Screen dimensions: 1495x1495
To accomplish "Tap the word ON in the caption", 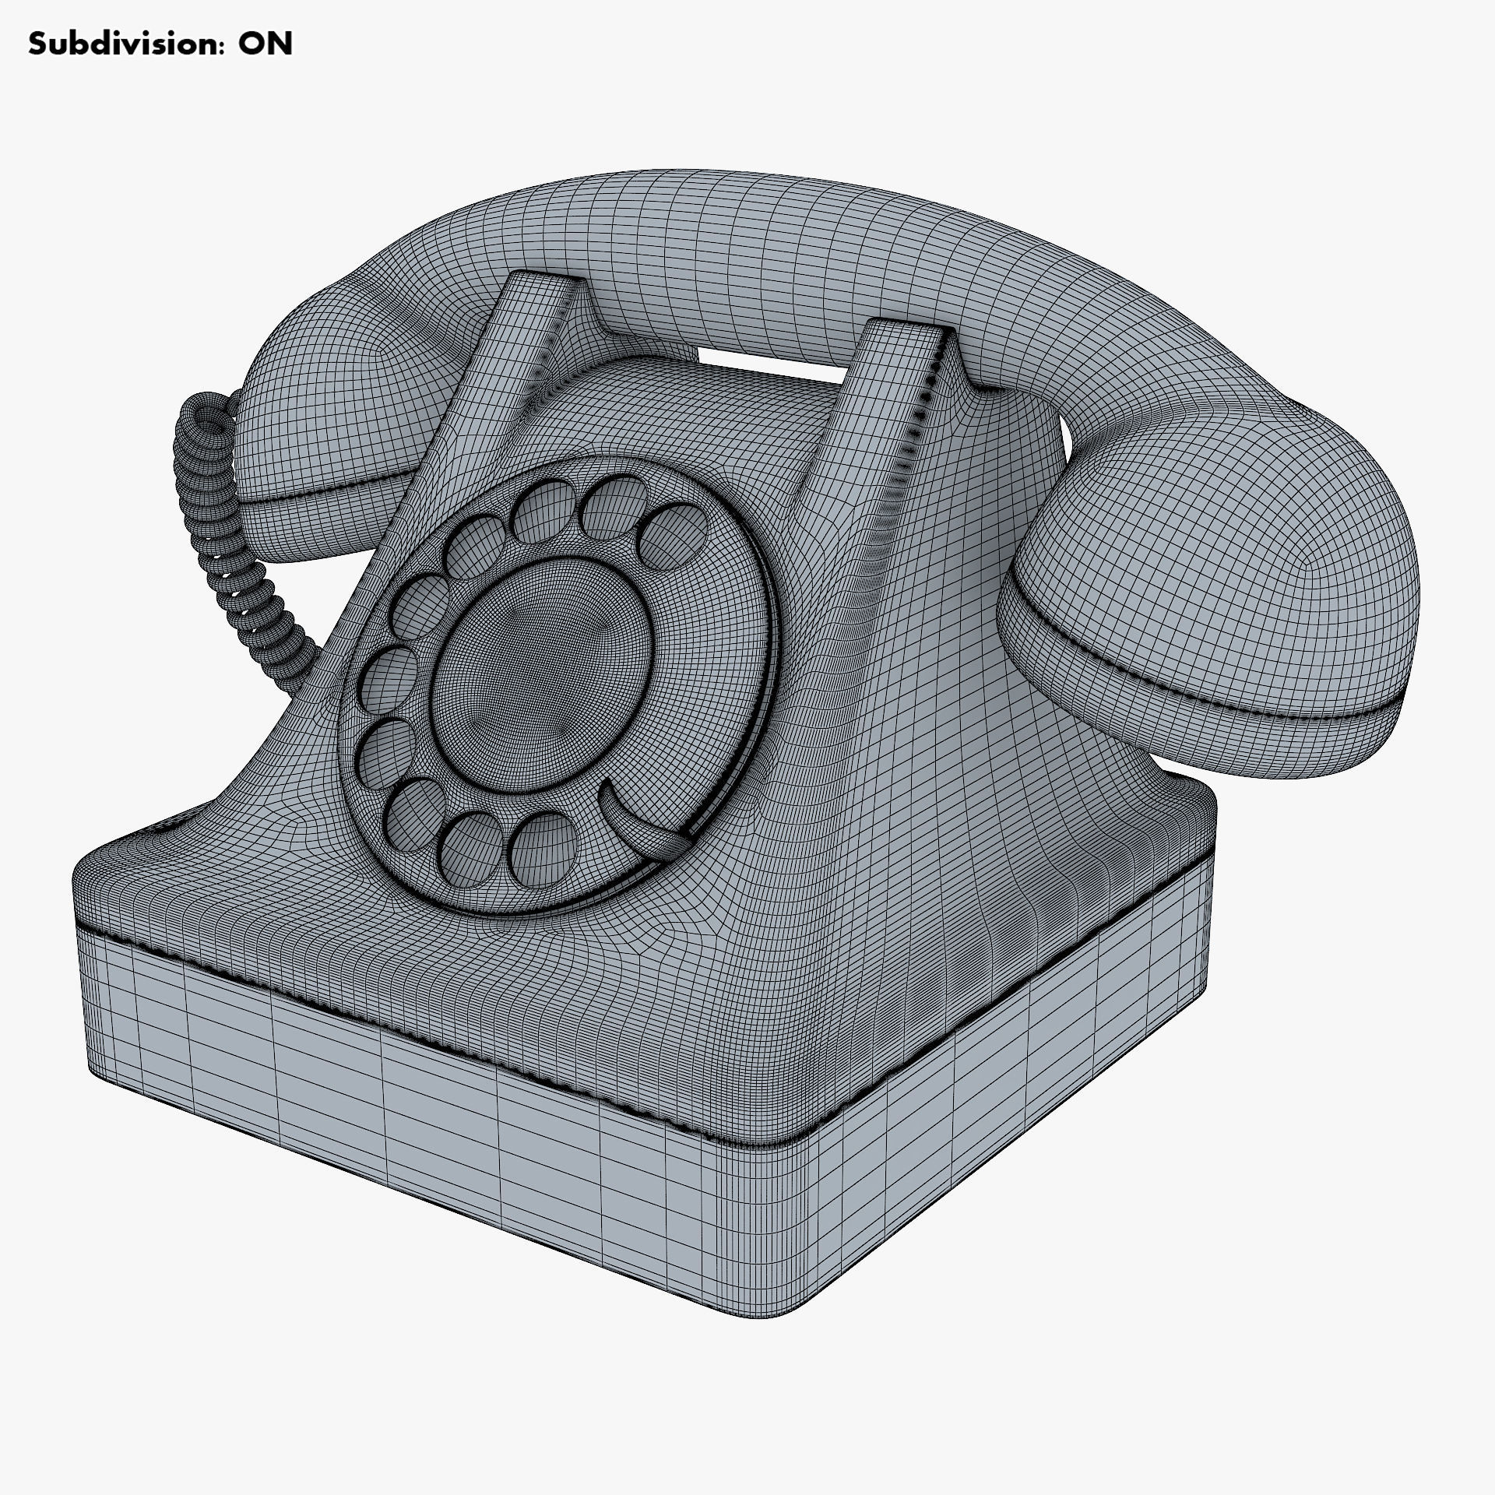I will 266,44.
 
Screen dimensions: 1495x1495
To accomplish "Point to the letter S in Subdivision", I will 37,44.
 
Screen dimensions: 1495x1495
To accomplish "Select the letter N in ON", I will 280,44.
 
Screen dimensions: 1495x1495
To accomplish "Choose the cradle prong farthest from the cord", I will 903,358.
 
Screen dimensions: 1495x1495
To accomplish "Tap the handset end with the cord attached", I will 327,436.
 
